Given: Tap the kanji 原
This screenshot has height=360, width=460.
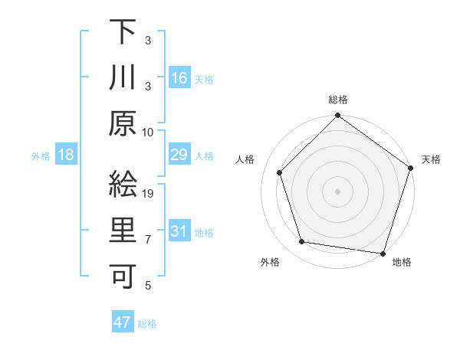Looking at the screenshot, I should click(x=123, y=123).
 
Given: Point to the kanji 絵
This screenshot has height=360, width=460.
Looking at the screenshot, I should click(x=123, y=184).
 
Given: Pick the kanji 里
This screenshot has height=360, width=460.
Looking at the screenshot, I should click(x=123, y=231).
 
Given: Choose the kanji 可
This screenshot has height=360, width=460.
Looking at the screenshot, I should click(x=123, y=276).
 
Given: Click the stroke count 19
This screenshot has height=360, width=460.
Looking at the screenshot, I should click(x=149, y=194).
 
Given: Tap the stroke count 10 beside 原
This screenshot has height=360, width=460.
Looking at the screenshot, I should click(x=149, y=132).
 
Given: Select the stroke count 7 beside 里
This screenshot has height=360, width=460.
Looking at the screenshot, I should click(x=149, y=240).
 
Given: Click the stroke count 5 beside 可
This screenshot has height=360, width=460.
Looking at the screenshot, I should click(x=149, y=286).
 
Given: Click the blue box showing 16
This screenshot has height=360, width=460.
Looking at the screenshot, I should click(x=179, y=77).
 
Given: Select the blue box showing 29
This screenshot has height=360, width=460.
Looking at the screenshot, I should click(x=179, y=155).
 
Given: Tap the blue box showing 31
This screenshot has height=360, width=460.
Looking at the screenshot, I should click(x=179, y=231).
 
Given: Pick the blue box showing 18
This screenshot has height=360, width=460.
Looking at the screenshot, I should click(x=66, y=155).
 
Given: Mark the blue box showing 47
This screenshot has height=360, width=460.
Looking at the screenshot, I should click(x=122, y=322).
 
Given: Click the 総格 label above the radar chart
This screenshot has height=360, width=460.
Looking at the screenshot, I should click(x=338, y=100).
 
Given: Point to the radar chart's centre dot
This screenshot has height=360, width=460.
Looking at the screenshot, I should click(x=337, y=191).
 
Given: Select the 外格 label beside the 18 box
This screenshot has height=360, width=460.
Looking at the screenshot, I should click(x=41, y=156).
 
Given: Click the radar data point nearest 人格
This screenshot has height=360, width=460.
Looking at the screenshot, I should click(x=280, y=172).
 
